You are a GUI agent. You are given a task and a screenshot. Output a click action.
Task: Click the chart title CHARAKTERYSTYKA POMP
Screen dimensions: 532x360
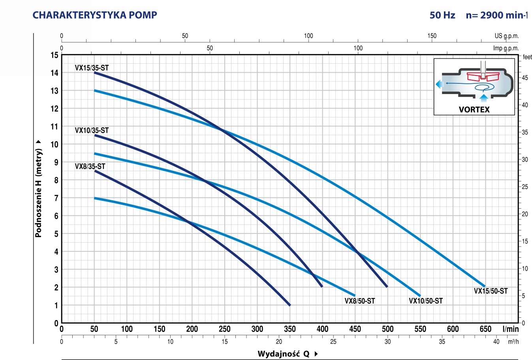point(94,15)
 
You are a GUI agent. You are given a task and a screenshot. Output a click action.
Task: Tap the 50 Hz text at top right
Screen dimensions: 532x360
point(442,15)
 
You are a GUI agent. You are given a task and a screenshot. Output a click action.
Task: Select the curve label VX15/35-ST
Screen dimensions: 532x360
point(92,68)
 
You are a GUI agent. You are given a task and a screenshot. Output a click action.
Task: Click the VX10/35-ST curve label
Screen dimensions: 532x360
point(92,130)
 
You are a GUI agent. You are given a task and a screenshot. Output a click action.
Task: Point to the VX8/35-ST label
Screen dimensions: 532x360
point(90,166)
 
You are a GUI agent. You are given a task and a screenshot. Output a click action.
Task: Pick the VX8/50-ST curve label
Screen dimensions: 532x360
point(359,301)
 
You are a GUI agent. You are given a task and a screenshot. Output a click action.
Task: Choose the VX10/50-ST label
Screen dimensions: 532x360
point(426,301)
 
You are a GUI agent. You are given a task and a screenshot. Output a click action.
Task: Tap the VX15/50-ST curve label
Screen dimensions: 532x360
point(491,291)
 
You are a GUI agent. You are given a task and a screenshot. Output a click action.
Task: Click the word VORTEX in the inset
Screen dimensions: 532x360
point(474,109)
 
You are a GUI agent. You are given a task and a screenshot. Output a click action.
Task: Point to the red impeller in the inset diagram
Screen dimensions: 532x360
point(483,77)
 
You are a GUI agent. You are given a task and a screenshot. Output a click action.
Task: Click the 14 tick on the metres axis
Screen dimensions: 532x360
point(55,73)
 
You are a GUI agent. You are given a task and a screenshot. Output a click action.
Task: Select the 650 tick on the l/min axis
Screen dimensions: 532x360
point(485,329)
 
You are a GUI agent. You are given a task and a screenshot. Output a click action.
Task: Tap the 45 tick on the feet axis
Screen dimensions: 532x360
point(525,78)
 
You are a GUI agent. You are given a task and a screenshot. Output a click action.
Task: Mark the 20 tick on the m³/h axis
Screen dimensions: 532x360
point(279,342)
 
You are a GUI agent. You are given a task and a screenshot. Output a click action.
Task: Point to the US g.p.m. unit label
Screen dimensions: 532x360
point(507,36)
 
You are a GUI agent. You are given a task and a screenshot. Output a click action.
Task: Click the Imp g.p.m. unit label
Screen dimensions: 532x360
point(506,48)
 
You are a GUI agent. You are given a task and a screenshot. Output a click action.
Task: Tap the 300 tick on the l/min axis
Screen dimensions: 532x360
point(257,329)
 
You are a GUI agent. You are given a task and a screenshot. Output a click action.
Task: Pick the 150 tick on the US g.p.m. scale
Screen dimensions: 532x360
point(432,36)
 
